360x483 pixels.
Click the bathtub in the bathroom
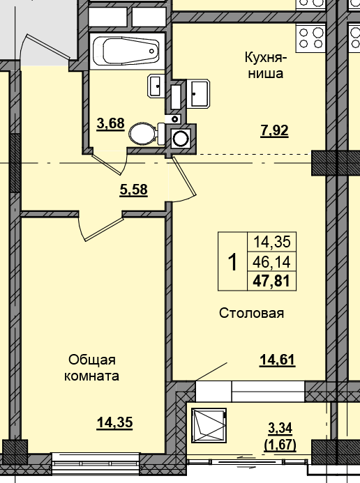[127, 51]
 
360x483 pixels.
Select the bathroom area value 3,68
[111, 124]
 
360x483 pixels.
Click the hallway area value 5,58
[133, 190]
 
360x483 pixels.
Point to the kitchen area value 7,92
[274, 131]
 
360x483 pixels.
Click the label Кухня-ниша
[265, 66]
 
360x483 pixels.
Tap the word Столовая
[251, 313]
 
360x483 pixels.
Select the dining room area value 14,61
[278, 360]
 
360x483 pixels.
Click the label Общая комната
[92, 368]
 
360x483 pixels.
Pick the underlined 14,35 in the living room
[114, 422]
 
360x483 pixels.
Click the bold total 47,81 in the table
[271, 282]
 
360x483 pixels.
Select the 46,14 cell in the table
[271, 262]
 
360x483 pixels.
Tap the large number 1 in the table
[233, 262]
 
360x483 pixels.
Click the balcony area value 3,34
[280, 428]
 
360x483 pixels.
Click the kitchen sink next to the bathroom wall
[198, 93]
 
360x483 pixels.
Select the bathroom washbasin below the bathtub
[156, 86]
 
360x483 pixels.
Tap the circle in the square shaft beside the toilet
[181, 139]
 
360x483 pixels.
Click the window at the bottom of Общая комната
[96, 464]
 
